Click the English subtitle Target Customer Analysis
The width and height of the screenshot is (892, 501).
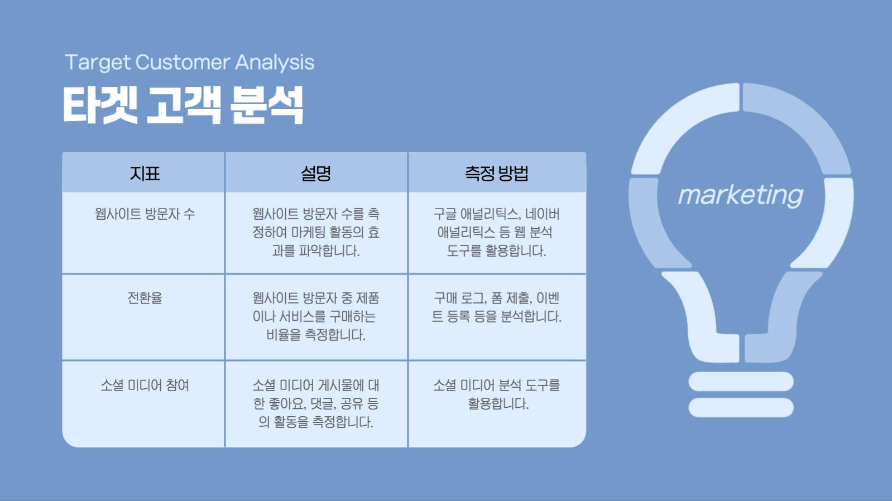pos(189,62)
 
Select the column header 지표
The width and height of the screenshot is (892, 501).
pos(145,174)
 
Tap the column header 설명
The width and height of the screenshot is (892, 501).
pos(316,174)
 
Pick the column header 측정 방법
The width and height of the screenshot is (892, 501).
pos(496,174)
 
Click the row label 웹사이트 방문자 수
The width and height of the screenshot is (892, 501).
pos(145,214)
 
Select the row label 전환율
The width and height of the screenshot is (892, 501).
pos(145,298)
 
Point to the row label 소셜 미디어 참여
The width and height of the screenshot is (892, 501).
pos(145,386)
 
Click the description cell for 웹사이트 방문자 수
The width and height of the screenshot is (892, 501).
pos(316,233)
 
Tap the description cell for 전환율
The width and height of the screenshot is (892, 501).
pos(316,316)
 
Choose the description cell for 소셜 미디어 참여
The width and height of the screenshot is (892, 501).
pos(316,403)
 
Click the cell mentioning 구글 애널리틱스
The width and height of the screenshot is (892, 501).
pos(496,233)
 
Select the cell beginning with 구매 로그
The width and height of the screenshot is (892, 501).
pos(496,307)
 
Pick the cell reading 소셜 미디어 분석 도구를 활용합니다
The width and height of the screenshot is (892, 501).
pos(496,394)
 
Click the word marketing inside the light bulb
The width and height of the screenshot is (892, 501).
pos(740,195)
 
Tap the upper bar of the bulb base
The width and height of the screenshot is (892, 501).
pos(741,382)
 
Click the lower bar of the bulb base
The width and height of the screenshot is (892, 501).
pos(741,407)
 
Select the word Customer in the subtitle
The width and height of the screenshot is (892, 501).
pos(183,62)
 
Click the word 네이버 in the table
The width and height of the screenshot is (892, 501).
pos(542,214)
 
